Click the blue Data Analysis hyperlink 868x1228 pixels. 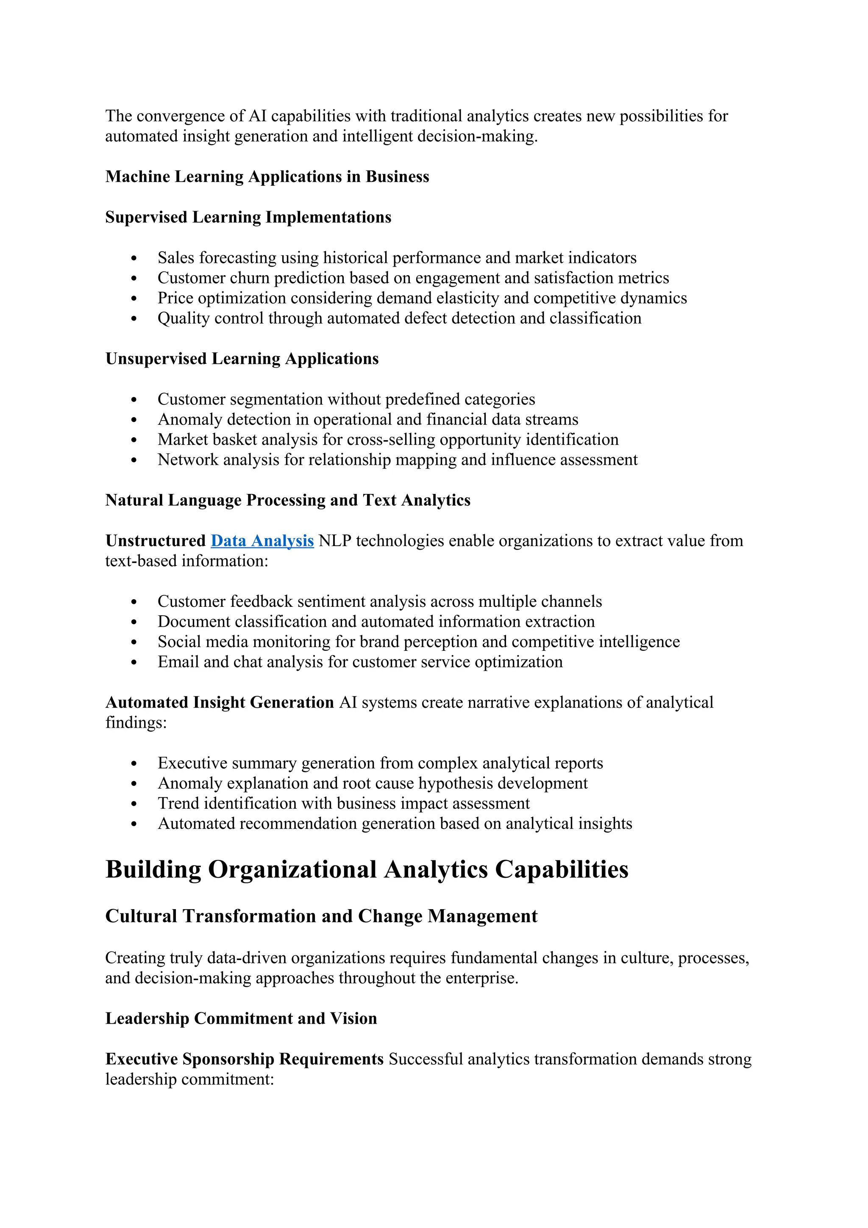click(262, 541)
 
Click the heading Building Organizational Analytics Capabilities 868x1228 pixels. click(367, 869)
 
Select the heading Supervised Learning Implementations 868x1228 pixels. click(248, 217)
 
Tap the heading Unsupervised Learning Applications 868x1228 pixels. click(242, 358)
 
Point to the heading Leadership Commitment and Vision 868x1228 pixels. click(241, 1019)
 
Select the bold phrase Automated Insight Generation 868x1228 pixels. click(219, 702)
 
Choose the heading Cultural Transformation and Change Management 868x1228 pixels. click(321, 916)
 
